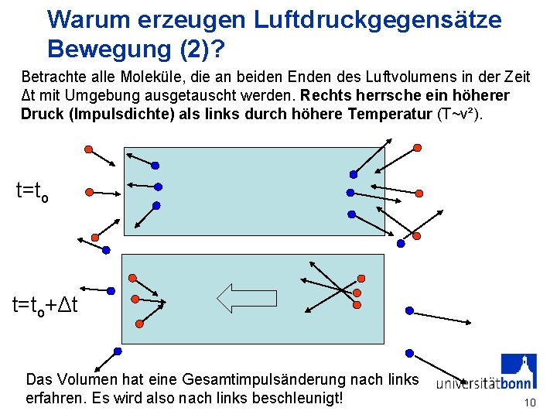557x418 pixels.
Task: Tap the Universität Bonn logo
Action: click(487, 375)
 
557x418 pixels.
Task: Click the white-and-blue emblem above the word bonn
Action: click(518, 368)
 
